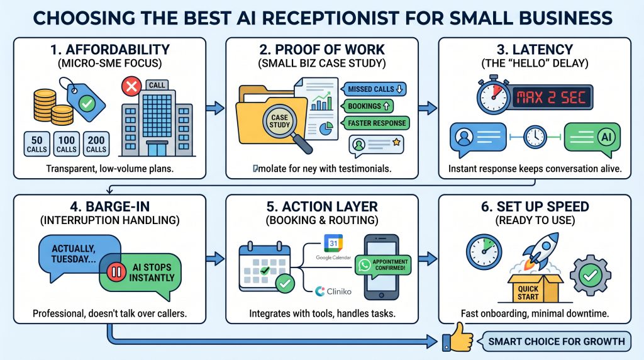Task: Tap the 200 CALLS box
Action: (96, 143)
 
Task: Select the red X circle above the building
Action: (133, 87)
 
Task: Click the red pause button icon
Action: (116, 273)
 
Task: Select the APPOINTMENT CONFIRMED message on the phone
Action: (381, 266)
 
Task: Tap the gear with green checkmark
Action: (591, 275)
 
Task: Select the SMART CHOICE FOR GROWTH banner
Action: (557, 342)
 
